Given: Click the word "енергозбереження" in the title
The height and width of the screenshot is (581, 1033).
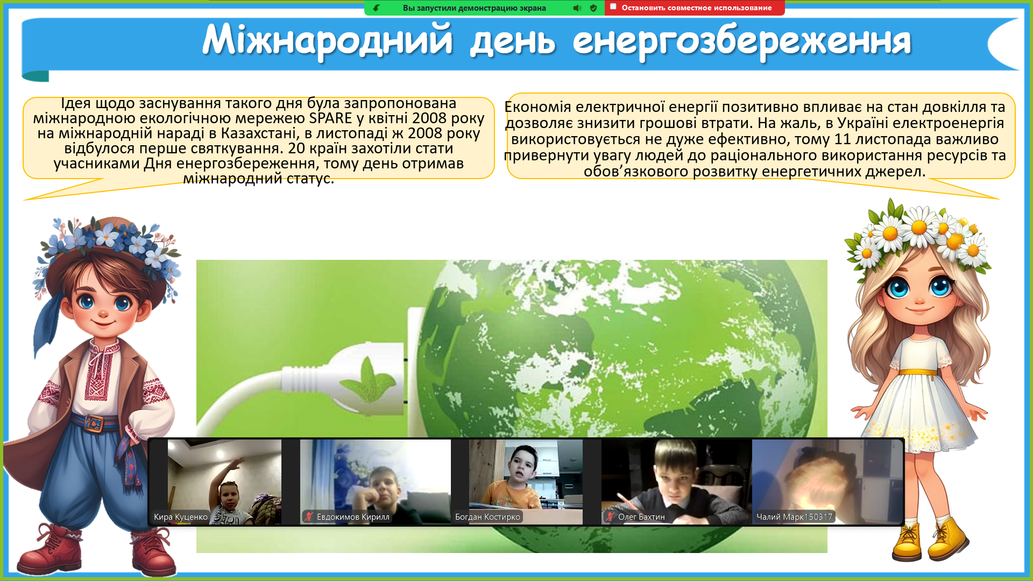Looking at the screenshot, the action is pyautogui.click(x=742, y=41).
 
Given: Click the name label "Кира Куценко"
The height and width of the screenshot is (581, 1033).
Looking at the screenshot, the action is pyautogui.click(x=181, y=517).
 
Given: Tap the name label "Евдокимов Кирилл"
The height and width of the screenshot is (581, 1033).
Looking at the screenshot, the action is pyautogui.click(x=353, y=517).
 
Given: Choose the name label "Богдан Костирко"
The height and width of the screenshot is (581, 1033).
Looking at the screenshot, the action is pyautogui.click(x=487, y=517).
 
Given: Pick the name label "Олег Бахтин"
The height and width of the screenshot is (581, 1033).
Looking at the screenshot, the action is pyautogui.click(x=641, y=517).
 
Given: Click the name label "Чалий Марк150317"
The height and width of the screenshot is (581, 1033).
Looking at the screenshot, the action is pyautogui.click(x=794, y=517).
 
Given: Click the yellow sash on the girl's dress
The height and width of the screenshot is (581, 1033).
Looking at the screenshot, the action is pyautogui.click(x=918, y=371).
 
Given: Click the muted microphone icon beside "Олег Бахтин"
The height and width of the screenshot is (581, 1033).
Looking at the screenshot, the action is pyautogui.click(x=610, y=516).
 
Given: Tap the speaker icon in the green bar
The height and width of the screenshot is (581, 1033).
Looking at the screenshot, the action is pyautogui.click(x=577, y=8).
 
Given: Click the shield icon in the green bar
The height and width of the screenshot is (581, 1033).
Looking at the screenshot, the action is pyautogui.click(x=593, y=8).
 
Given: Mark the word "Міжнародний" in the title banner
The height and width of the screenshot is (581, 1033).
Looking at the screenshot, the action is pyautogui.click(x=327, y=40).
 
